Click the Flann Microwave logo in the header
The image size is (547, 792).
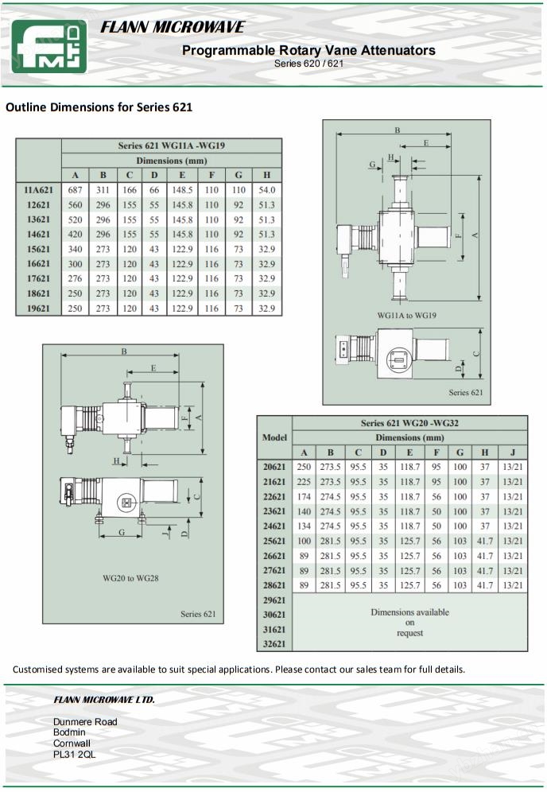tap(48, 46)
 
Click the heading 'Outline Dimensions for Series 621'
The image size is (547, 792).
tap(99, 107)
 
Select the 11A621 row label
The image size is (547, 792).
tap(37, 190)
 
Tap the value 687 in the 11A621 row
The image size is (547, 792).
tap(76, 190)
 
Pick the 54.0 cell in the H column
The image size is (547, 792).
tap(267, 190)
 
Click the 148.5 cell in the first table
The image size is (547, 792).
tap(182, 190)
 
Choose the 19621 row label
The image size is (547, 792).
tap(37, 308)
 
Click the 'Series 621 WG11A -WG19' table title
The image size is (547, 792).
tap(171, 146)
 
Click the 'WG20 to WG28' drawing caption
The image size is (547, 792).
tap(130, 578)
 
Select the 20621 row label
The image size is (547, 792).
tap(274, 467)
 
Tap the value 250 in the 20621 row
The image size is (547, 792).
tap(304, 467)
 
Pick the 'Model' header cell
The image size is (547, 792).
tap(274, 437)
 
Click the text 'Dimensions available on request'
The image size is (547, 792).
tap(409, 623)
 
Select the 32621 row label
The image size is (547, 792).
tap(274, 643)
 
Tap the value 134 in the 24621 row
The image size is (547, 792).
tap(304, 526)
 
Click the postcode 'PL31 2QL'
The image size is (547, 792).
tap(74, 754)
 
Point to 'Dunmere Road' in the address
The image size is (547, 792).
tap(85, 722)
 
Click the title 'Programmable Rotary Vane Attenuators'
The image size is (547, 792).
tap(308, 50)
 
